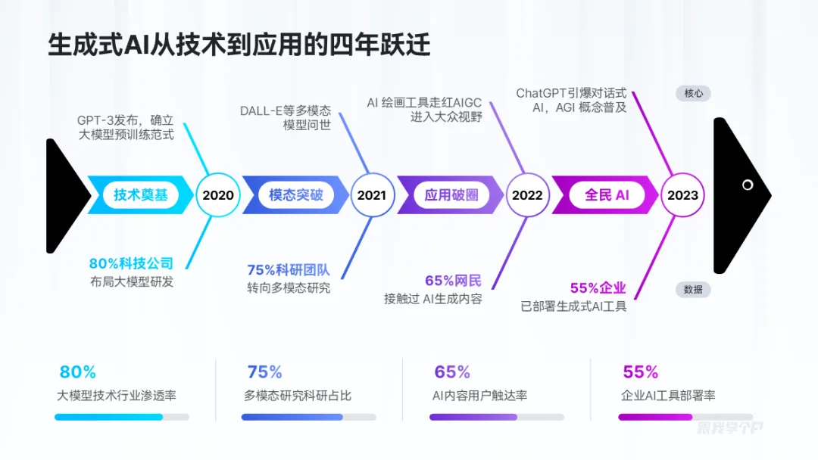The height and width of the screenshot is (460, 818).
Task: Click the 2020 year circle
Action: pyautogui.click(x=218, y=195)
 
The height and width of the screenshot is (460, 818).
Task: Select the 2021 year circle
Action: pyautogui.click(x=371, y=195)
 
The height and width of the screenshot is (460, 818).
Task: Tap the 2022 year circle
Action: pyautogui.click(x=527, y=195)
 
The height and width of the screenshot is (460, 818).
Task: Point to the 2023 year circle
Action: pyautogui.click(x=682, y=195)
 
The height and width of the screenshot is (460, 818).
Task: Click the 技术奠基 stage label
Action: pyautogui.click(x=140, y=195)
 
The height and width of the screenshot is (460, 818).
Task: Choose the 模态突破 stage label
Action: pyautogui.click(x=295, y=195)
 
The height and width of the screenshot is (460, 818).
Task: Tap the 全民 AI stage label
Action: pyautogui.click(x=607, y=195)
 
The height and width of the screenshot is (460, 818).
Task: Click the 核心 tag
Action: pyautogui.click(x=693, y=94)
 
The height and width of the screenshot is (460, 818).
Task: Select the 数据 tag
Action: pyautogui.click(x=693, y=289)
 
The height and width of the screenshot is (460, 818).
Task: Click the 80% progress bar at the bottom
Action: pyautogui.click(x=121, y=417)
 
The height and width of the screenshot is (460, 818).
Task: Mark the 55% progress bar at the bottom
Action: pyautogui.click(x=685, y=417)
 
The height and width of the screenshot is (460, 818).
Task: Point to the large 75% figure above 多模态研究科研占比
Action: pyautogui.click(x=264, y=372)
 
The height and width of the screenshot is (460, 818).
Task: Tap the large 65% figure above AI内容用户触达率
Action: pyautogui.click(x=452, y=372)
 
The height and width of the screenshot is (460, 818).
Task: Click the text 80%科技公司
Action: pyautogui.click(x=131, y=264)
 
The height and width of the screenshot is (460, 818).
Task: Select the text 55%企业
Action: pyautogui.click(x=598, y=288)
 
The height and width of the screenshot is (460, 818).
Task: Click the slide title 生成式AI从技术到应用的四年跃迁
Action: pyautogui.click(x=239, y=45)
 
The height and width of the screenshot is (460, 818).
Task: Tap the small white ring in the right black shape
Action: pyautogui.click(x=748, y=185)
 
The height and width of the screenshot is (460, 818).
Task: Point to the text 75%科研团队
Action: pyautogui.click(x=289, y=270)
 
